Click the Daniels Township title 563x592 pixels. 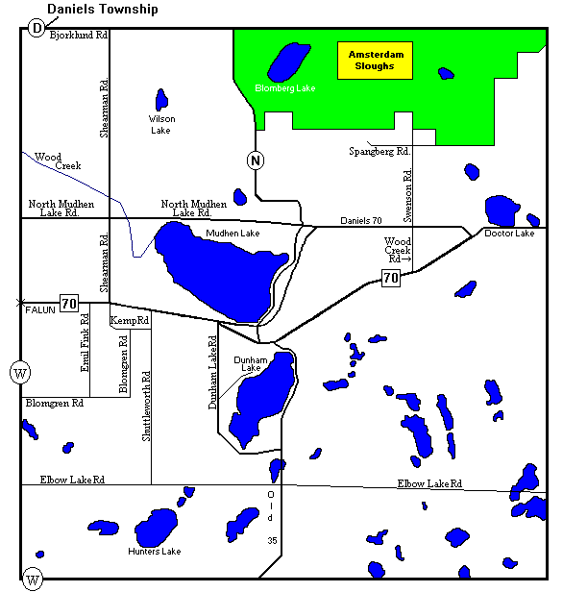click(103, 9)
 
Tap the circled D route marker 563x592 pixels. click(37, 28)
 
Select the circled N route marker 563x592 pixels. click(255, 160)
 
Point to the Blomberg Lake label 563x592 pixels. click(284, 88)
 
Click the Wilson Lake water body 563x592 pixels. click(161, 99)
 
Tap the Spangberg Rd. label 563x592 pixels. click(379, 152)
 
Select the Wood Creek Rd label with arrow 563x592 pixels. click(398, 249)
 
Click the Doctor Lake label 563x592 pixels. click(509, 234)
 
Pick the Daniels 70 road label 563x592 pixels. click(361, 221)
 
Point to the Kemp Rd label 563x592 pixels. click(131, 320)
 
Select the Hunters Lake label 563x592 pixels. click(155, 552)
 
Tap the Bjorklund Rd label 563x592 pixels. click(80, 35)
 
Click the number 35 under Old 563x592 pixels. click(272, 542)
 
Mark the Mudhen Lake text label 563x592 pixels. click(233, 234)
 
